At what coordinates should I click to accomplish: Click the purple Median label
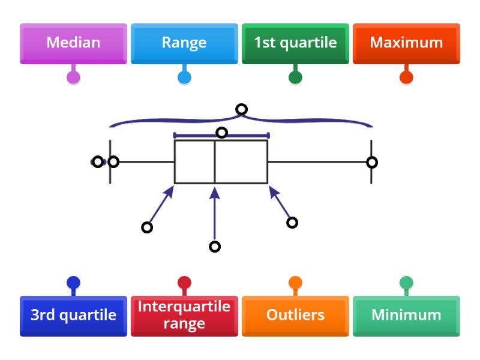(73, 43)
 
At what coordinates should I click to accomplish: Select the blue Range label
(184, 43)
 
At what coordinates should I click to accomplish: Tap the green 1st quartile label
(295, 43)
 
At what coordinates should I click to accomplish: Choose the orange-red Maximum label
(406, 43)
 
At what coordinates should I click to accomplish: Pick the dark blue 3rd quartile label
(73, 315)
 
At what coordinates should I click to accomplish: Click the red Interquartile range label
(184, 315)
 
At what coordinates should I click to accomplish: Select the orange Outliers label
(295, 315)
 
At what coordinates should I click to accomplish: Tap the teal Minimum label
(406, 315)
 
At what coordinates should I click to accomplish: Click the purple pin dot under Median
(73, 77)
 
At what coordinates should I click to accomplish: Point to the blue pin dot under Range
(184, 77)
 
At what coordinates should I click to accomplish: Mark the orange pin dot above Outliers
(295, 283)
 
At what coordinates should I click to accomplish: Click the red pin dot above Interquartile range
(184, 283)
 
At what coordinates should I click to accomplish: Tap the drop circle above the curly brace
(241, 109)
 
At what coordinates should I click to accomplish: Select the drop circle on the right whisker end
(372, 162)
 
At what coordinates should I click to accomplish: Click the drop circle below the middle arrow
(214, 247)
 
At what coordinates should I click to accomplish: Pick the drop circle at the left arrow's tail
(147, 227)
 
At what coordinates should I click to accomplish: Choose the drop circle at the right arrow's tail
(292, 223)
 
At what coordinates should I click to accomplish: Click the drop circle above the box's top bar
(221, 133)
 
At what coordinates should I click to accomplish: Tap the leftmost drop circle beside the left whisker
(98, 162)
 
